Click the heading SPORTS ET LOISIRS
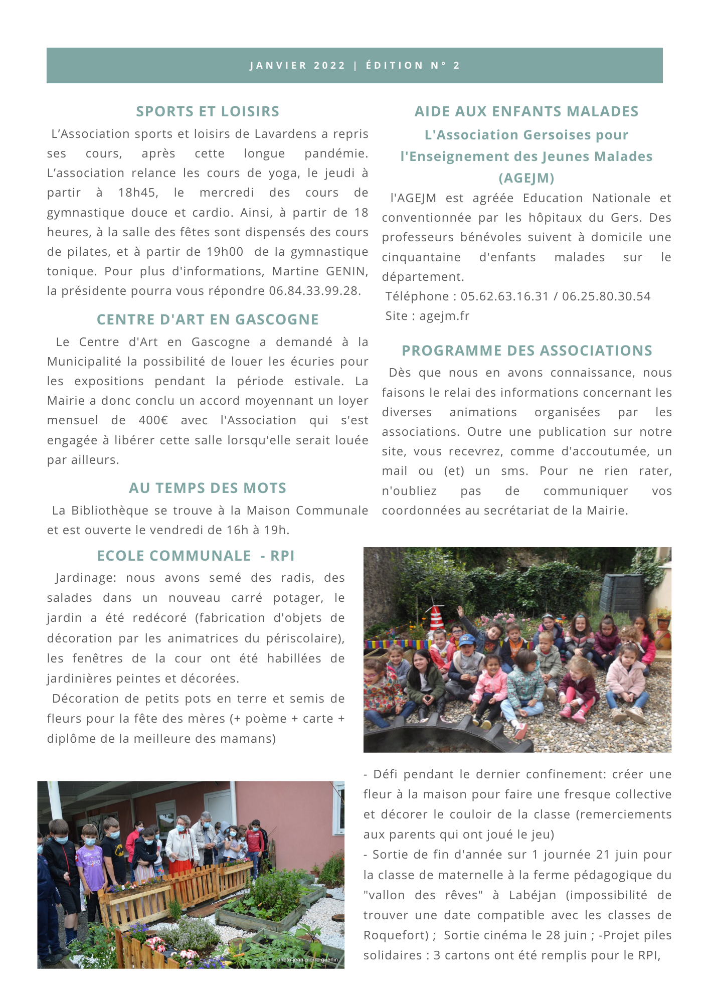point(208,111)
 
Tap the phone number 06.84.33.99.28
point(314,291)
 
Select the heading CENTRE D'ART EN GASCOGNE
point(208,319)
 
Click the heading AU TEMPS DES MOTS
point(208,488)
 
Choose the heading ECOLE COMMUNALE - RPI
point(196,556)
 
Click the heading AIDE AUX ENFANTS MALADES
point(526,111)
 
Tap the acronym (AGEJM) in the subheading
point(526,178)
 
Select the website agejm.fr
point(444,316)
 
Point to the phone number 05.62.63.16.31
point(504,296)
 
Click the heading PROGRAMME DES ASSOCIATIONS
point(527,351)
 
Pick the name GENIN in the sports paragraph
point(345,271)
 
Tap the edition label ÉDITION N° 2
point(413,66)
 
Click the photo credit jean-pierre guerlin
point(307,960)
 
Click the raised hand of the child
point(460,611)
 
